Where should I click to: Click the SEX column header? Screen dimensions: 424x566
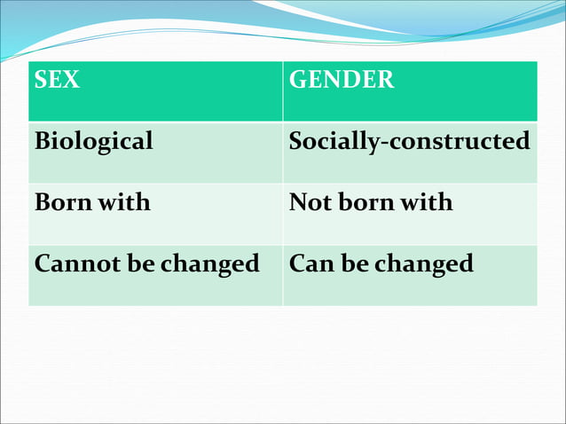57,80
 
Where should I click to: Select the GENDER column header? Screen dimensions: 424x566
342,80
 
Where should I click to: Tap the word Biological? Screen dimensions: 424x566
93,141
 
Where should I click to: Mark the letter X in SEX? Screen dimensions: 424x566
71,80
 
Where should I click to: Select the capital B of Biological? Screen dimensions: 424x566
41,141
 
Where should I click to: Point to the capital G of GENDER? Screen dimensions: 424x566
299,80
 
